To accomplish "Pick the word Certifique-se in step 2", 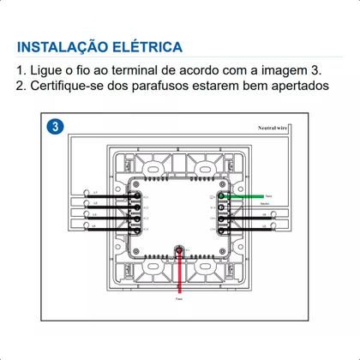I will click(x=73, y=87).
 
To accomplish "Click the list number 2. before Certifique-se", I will click(x=21, y=87).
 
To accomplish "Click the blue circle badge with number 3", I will click(x=55, y=126).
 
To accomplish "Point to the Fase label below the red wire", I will click(x=179, y=301).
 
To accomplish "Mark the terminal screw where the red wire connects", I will click(x=180, y=250).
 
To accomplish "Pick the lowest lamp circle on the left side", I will click(x=87, y=228).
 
